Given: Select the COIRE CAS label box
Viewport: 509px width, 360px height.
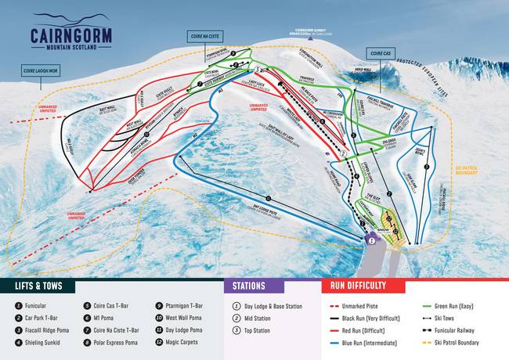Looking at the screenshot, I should click(x=379, y=52).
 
